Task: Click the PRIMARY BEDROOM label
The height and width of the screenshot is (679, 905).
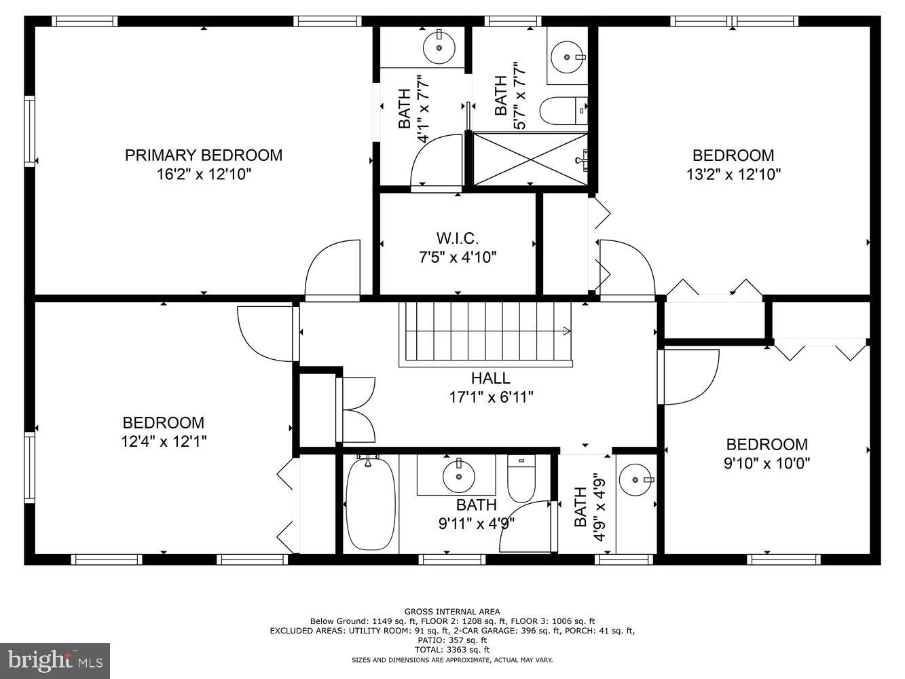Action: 203,155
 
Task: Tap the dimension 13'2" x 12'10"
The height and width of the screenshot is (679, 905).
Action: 733,174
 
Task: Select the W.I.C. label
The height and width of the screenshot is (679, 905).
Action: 458,238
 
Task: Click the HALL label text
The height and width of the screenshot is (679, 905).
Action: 490,378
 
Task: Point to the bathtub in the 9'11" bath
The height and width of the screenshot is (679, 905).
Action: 370,503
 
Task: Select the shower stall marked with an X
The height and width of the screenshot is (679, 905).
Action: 530,159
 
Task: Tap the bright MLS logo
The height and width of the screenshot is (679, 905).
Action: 56,659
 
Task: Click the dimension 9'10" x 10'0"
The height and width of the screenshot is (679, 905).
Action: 767,463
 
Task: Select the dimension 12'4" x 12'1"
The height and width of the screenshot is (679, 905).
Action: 163,441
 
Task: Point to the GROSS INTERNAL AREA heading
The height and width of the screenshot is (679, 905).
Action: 452,612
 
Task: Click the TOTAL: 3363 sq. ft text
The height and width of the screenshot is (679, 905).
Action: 452,650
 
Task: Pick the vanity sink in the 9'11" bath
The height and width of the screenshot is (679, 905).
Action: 459,476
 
